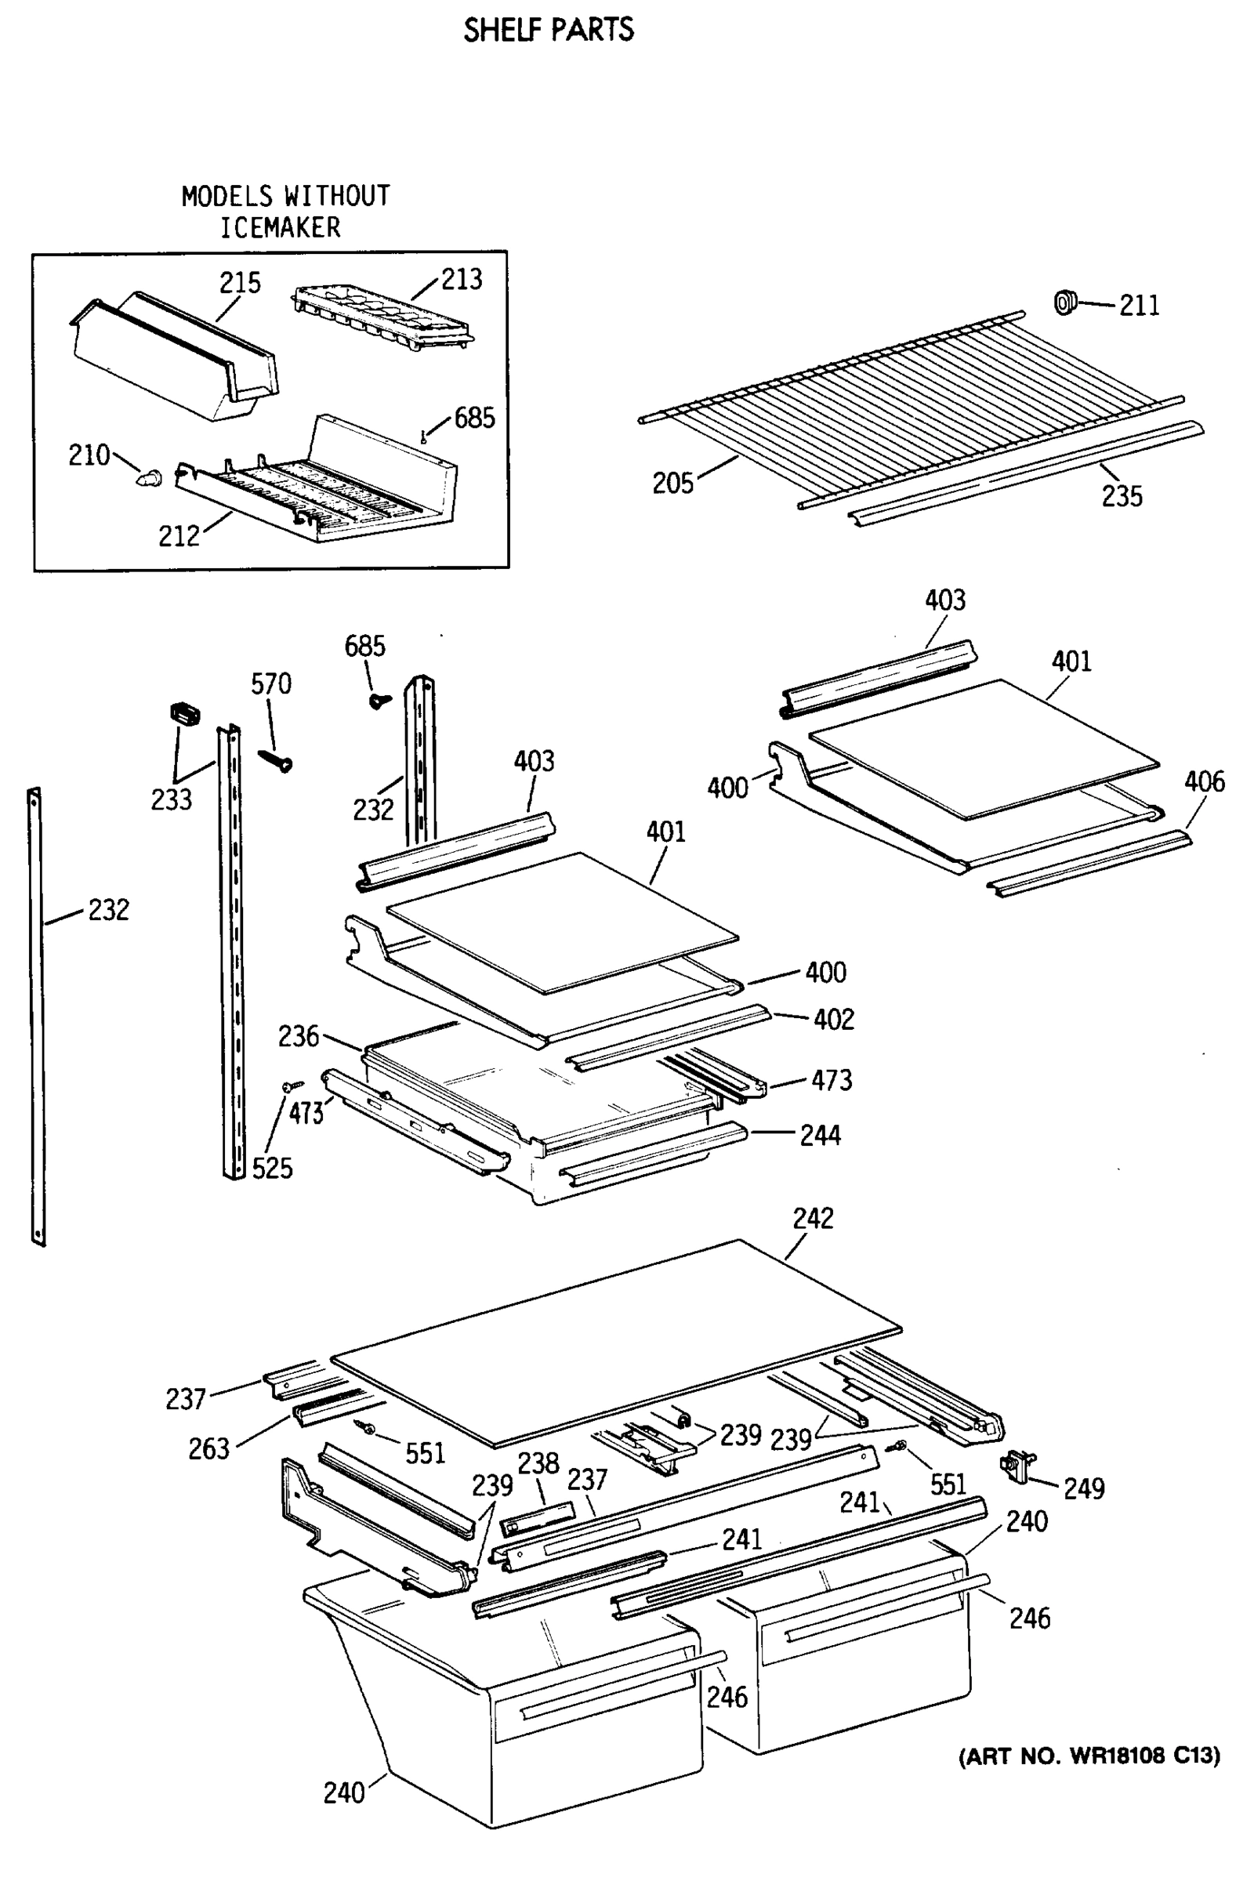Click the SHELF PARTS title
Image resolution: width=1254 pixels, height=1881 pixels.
click(549, 31)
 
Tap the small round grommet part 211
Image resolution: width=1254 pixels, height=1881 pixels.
click(1064, 303)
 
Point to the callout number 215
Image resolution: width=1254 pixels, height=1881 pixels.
click(240, 283)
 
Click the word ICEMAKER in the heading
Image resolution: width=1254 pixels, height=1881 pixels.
click(280, 228)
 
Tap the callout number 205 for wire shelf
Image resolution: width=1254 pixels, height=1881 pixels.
click(672, 483)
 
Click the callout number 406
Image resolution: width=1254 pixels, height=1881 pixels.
click(1204, 781)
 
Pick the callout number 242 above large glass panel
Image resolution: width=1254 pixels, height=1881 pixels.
click(813, 1218)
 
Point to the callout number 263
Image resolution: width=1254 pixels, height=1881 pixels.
click(208, 1448)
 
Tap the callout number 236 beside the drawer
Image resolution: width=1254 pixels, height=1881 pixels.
click(299, 1036)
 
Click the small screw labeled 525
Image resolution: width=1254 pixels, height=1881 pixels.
click(292, 1085)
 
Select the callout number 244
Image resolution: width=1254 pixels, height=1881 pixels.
click(820, 1136)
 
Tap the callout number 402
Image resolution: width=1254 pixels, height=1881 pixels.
click(833, 1020)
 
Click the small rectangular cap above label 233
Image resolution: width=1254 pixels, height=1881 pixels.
click(185, 713)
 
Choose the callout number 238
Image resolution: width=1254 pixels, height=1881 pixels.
click(538, 1463)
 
